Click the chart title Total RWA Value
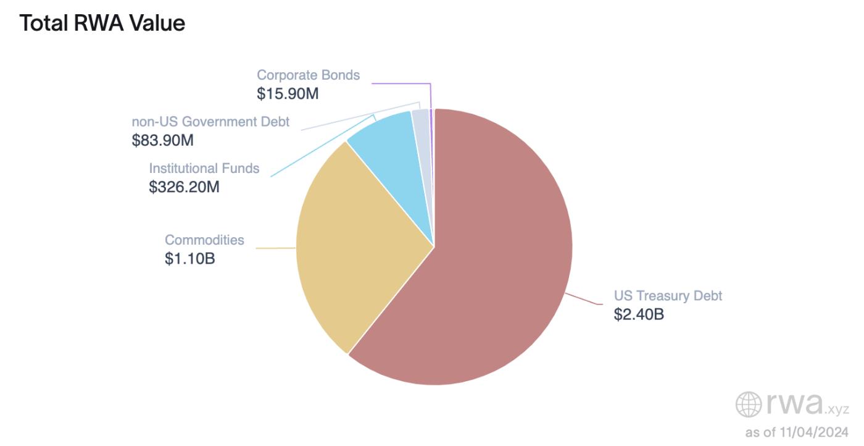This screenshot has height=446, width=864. (102, 23)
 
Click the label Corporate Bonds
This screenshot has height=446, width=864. (308, 75)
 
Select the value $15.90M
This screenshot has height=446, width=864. (288, 94)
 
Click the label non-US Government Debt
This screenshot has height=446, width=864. (210, 122)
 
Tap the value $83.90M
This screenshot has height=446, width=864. (163, 140)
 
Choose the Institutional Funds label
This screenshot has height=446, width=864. (204, 168)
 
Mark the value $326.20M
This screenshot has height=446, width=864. (184, 187)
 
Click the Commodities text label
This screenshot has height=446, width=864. (204, 240)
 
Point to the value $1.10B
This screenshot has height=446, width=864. (189, 258)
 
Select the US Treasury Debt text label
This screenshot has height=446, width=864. (668, 295)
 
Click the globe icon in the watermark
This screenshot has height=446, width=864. (749, 405)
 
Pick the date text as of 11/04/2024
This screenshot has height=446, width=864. (797, 432)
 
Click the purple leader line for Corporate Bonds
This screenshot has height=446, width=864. (401, 83)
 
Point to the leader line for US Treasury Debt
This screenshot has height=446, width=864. (583, 298)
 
